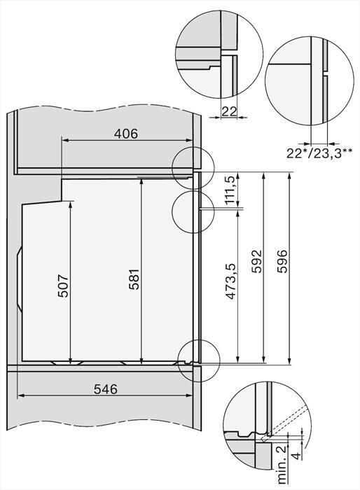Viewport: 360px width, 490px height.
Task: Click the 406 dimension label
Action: point(125,133)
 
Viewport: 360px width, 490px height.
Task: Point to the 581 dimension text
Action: point(132,279)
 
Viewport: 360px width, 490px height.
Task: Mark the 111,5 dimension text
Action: point(229,191)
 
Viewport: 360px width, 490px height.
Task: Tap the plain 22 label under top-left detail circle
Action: point(230,111)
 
